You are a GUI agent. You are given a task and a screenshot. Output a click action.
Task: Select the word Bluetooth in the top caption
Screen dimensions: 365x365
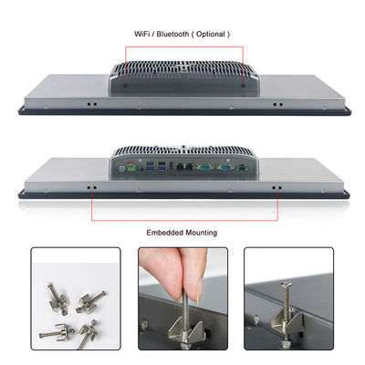click(172, 34)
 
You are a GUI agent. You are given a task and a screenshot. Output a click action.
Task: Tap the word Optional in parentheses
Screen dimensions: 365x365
click(211, 34)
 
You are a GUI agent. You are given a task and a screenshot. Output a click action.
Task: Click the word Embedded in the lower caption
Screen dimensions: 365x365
click(165, 233)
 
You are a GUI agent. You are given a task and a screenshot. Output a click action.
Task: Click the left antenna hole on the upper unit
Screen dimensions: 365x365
click(126, 86)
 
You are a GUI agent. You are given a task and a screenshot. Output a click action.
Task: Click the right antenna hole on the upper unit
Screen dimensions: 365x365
click(243, 86)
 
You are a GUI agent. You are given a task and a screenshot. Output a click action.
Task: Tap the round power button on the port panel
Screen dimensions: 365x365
click(121, 168)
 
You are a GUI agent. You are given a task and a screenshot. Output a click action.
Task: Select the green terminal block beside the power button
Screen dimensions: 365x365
click(131, 167)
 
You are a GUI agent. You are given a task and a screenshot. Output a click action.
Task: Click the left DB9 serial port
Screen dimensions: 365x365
click(203, 167)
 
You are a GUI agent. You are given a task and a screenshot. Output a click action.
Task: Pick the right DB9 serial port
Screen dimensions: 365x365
click(224, 167)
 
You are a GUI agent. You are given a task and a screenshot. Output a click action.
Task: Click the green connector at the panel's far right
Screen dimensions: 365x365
click(242, 168)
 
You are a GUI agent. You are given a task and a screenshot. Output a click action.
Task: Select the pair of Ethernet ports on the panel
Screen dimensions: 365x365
click(185, 166)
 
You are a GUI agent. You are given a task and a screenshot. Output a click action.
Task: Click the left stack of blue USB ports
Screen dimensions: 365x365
click(151, 166)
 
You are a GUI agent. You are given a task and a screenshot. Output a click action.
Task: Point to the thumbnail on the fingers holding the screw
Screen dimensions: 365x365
click(199, 292)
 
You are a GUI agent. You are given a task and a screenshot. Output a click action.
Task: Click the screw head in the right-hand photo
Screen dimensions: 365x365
click(287, 284)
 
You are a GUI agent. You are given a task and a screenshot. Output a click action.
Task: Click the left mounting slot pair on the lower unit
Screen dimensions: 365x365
click(92, 188)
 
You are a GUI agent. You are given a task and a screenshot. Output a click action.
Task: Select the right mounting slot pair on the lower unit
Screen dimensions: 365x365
click(276, 188)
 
